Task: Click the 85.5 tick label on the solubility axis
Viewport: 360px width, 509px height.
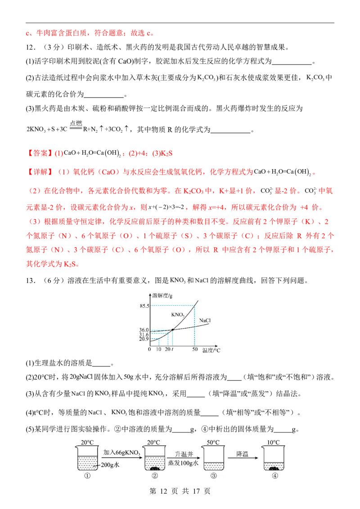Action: click(x=144, y=306)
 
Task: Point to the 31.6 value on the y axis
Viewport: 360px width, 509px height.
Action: click(x=144, y=335)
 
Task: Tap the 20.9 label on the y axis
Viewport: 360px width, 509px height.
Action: click(x=144, y=339)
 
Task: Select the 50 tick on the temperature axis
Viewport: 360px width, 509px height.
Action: click(x=194, y=349)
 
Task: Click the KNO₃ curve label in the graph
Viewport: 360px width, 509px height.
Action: click(x=178, y=315)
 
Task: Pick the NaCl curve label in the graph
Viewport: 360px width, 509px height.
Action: click(x=205, y=321)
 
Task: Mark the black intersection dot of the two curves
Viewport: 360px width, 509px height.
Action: click(x=172, y=330)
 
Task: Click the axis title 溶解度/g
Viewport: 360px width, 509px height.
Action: click(x=162, y=295)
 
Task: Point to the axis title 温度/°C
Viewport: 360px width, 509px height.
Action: click(x=211, y=350)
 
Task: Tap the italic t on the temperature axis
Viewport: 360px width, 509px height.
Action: click(x=172, y=349)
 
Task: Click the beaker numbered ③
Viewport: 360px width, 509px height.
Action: click(x=213, y=458)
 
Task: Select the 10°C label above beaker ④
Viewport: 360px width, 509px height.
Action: click(x=273, y=442)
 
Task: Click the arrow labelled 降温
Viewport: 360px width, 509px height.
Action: click(x=243, y=458)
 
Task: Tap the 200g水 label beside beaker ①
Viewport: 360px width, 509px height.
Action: click(x=110, y=465)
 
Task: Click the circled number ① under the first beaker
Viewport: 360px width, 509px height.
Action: click(x=87, y=476)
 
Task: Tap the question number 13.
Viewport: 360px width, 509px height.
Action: click(x=31, y=281)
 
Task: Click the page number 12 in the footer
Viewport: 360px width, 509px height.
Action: click(x=163, y=491)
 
